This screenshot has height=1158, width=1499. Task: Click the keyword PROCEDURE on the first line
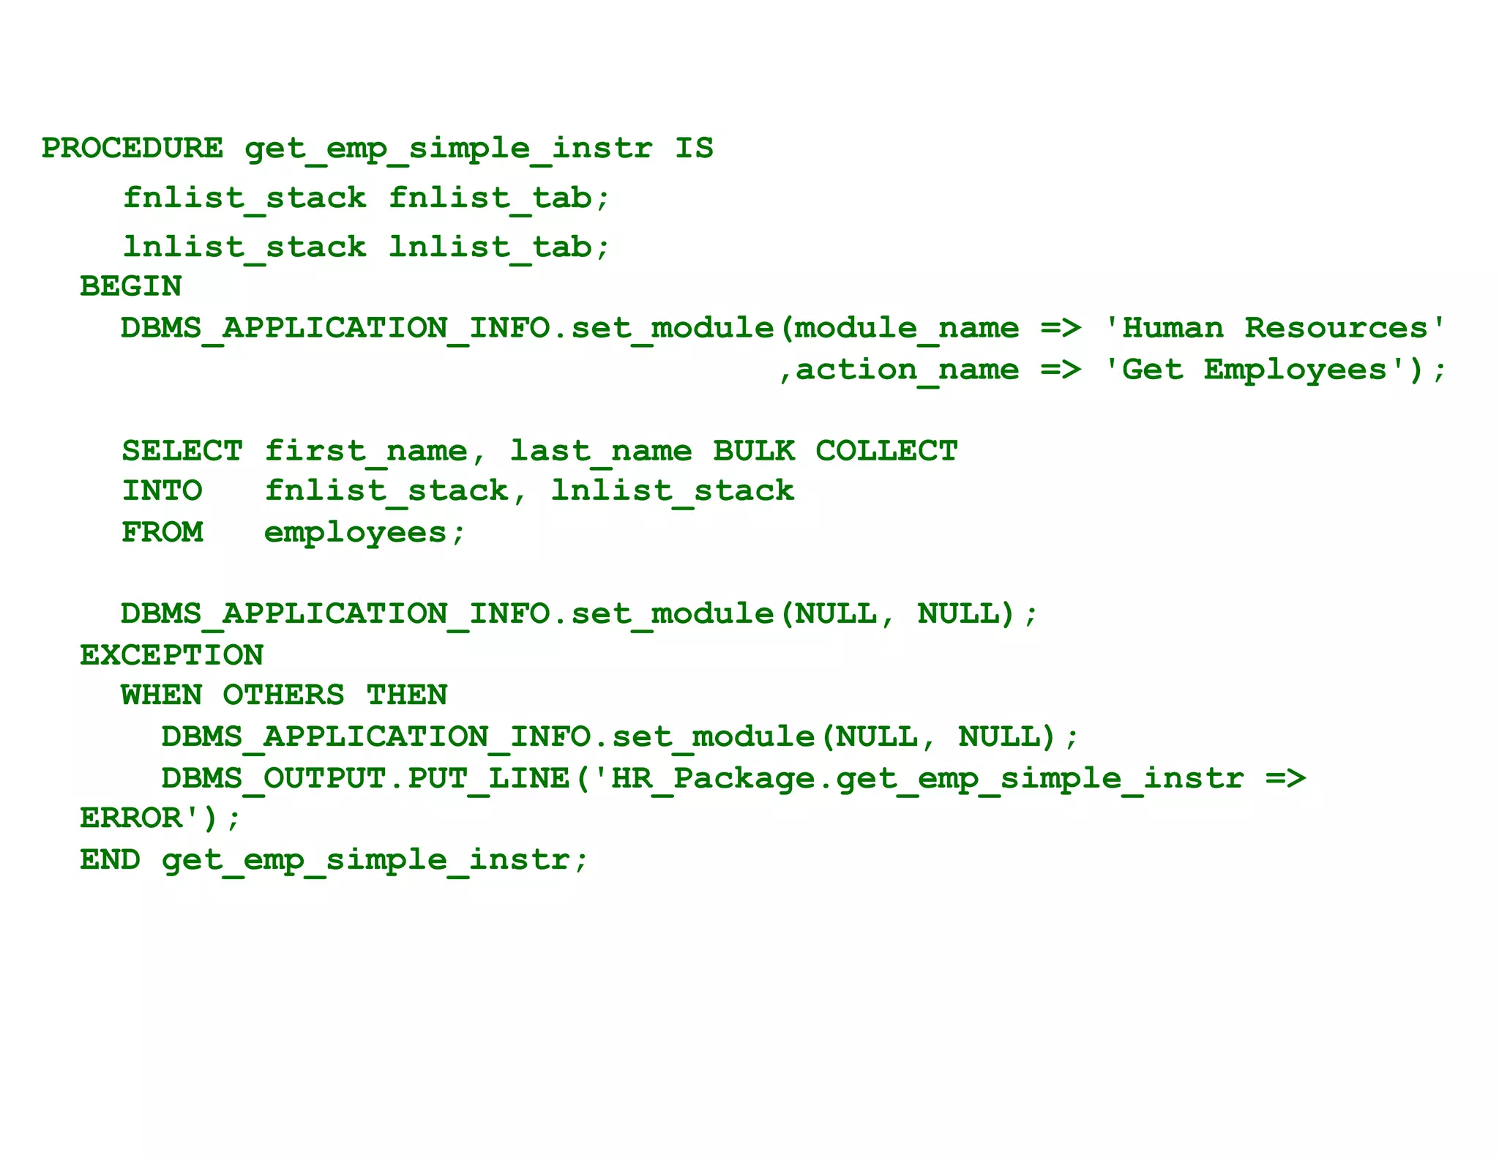(x=132, y=148)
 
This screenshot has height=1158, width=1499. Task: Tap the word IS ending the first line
(x=693, y=148)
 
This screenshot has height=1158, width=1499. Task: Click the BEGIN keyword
(x=131, y=286)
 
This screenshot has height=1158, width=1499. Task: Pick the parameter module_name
(x=906, y=329)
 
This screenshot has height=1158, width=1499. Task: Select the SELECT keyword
(x=182, y=451)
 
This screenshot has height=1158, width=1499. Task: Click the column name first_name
(x=365, y=451)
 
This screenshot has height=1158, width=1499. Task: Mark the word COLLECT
(x=886, y=451)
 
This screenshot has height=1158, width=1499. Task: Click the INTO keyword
(x=162, y=491)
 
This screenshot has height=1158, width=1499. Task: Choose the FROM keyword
(x=162, y=532)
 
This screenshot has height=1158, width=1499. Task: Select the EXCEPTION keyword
(x=171, y=655)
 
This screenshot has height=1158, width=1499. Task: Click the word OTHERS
(x=283, y=695)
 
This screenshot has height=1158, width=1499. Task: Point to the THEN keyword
(x=406, y=695)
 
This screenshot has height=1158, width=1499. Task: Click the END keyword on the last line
(x=111, y=859)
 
